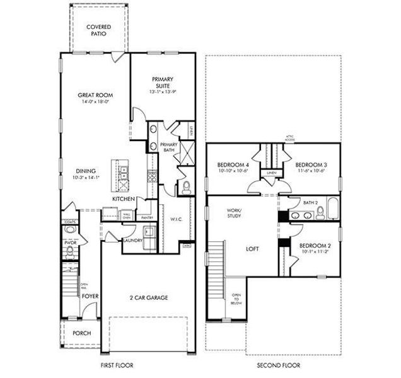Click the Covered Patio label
click(99, 30)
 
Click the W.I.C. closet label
click(176, 220)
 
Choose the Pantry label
click(148, 218)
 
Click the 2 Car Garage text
click(149, 297)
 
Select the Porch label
click(81, 333)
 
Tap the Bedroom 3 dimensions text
click(310, 169)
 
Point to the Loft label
click(252, 249)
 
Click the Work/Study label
click(235, 214)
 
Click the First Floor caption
click(116, 365)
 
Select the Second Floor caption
click(278, 365)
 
